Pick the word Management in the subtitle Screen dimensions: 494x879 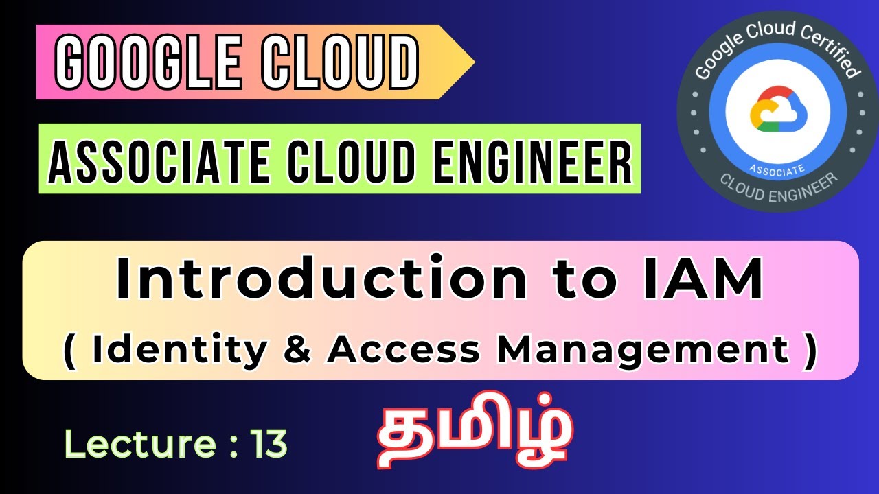pos(642,349)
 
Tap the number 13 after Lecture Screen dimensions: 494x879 pos(269,445)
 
